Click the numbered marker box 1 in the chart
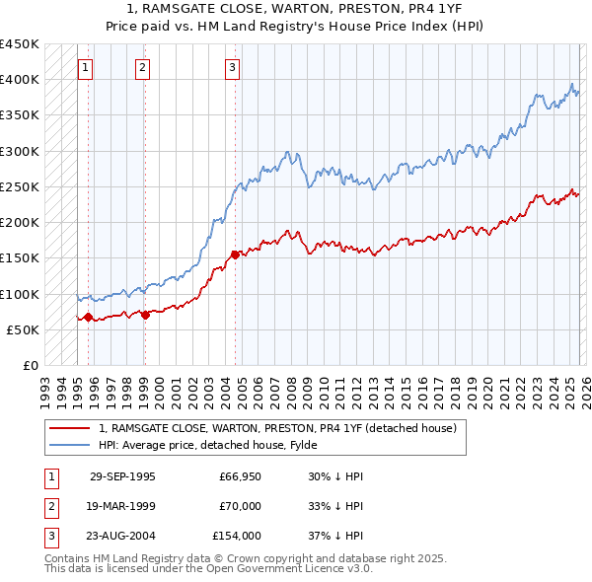point(86,68)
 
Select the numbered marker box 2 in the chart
point(143,68)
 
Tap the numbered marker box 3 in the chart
point(232,68)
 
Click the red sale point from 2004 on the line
point(235,255)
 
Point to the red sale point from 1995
point(89,317)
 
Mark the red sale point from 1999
point(145,315)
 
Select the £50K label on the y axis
point(23,329)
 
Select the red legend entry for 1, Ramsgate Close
point(277,429)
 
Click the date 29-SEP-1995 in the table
point(122,476)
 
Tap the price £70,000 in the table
point(240,506)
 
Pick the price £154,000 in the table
point(237,536)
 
